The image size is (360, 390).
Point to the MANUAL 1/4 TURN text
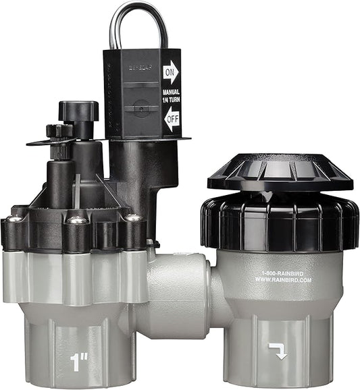pyautogui.click(x=171, y=96)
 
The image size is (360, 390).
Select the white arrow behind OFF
pyautogui.click(x=171, y=122)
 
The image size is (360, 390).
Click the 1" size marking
pyautogui.click(x=80, y=362)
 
